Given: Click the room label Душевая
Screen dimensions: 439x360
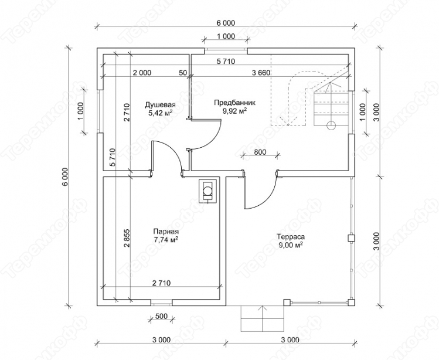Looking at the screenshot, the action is click(160, 105).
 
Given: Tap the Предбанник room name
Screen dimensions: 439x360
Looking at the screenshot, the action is click(235, 103).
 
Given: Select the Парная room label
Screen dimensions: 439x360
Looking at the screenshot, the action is click(166, 232).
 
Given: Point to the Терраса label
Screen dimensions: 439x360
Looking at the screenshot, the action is click(291, 237).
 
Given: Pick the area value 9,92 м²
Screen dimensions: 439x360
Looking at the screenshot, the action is click(235, 111).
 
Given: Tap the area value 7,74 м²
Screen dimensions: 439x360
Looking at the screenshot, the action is click(166, 240).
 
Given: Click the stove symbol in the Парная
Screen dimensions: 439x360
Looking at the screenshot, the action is click(207, 191).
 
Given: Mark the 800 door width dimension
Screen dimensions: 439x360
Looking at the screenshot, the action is click(260, 152).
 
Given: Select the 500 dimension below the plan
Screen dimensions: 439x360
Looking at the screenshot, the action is click(161, 317).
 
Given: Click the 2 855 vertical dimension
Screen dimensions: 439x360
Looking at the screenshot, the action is click(127, 239).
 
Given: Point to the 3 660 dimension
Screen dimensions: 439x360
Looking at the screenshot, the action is click(261, 73).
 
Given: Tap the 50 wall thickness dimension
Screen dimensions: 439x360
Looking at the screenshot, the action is click(182, 73).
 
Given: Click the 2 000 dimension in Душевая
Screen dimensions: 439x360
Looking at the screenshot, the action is click(142, 73).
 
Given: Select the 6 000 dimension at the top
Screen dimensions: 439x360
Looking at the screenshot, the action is click(226, 23).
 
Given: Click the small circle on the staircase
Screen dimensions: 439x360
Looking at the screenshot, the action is click(331, 125).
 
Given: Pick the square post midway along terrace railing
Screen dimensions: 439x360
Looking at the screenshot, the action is click(351, 238).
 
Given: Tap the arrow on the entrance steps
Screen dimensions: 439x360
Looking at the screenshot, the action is click(263, 318).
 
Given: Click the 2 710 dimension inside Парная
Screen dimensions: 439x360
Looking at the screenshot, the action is click(162, 283).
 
